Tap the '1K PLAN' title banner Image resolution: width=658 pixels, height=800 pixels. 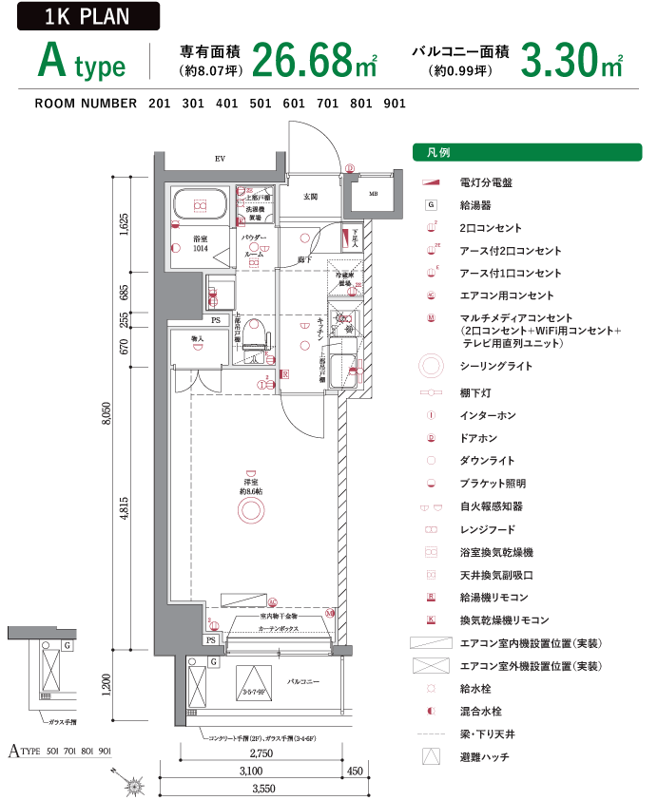click(x=87, y=16)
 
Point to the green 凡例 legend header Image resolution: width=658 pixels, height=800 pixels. click(x=527, y=152)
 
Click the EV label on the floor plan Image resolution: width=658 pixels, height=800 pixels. click(x=220, y=159)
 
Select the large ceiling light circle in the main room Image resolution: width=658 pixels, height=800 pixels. click(x=250, y=510)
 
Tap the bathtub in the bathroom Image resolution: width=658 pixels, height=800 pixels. click(x=201, y=204)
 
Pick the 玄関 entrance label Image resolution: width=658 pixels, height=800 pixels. click(x=310, y=197)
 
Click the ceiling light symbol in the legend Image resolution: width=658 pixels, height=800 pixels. click(x=431, y=366)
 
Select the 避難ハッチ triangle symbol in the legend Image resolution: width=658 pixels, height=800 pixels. click(x=431, y=757)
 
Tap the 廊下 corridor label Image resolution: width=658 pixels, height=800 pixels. click(x=304, y=258)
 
